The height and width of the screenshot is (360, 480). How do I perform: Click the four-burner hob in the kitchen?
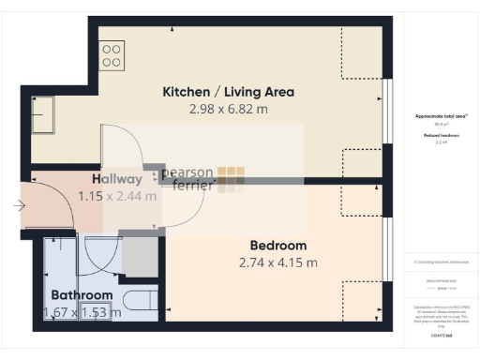112,55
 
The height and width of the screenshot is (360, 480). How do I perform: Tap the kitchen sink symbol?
42,118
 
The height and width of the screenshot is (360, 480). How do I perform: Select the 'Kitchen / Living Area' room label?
229,92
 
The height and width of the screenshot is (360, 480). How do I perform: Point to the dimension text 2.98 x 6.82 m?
229,109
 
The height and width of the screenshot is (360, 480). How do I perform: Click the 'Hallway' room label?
117,179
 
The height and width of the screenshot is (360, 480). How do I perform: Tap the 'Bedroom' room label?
278,246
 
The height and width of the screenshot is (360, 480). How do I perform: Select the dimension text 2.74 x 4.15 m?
278,262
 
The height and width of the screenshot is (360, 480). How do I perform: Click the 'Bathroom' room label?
82,295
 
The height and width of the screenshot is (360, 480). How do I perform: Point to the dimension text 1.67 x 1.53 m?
82,312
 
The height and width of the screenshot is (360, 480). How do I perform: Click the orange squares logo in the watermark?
232,178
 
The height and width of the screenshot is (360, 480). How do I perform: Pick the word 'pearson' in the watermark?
187,172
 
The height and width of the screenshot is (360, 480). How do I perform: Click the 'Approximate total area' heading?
441,115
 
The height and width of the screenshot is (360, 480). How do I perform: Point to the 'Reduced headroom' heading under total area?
441,136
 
